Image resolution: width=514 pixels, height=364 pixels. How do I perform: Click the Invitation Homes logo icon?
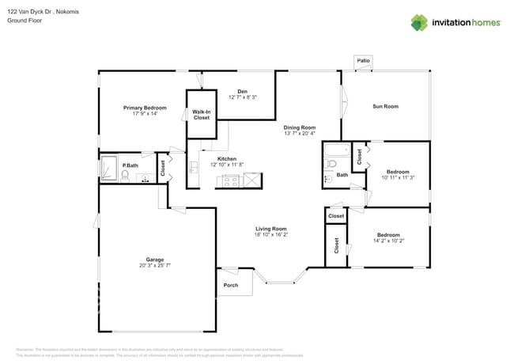pyautogui.click(x=419, y=22)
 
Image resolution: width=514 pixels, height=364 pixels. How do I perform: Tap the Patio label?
pyautogui.click(x=363, y=60)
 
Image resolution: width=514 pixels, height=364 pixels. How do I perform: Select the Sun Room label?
pyautogui.click(x=385, y=106)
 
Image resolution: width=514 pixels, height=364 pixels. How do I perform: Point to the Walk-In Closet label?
pyautogui.click(x=202, y=115)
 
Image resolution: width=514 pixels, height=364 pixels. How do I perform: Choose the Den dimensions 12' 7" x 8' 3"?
pyautogui.click(x=242, y=97)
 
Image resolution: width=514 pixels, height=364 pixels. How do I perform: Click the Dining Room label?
pyautogui.click(x=300, y=127)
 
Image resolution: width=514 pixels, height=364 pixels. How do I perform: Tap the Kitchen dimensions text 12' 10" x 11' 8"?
pyautogui.click(x=228, y=165)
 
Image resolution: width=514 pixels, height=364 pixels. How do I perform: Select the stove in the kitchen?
pyautogui.click(x=229, y=181)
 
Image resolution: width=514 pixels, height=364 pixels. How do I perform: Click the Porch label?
pyautogui.click(x=230, y=286)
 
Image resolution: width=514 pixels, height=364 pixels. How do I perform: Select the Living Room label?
pyautogui.click(x=270, y=229)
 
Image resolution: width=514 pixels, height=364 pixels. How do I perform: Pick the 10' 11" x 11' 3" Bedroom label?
pyautogui.click(x=398, y=172)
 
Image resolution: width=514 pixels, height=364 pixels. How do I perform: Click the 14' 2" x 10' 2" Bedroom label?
pyautogui.click(x=388, y=235)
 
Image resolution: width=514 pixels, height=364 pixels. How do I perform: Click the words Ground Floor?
pyautogui.click(x=25, y=21)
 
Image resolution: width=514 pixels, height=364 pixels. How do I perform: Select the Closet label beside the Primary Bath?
pyautogui.click(x=164, y=169)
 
